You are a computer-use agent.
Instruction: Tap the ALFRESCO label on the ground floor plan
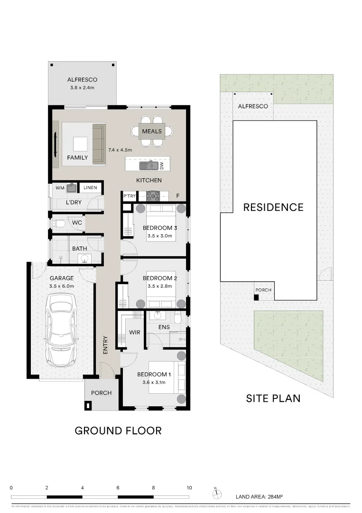pos(82,80)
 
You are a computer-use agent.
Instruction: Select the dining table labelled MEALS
pos(152,131)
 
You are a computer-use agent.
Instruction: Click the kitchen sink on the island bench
pos(148,165)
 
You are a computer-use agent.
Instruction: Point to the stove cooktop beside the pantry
pos(153,195)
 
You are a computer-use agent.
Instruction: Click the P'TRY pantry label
pos(130,195)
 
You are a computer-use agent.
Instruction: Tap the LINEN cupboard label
pos(90,188)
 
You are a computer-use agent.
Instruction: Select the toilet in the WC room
pos(58,223)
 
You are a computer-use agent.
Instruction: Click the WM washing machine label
pos(60,188)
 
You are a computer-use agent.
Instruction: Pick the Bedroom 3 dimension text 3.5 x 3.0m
pos(159,236)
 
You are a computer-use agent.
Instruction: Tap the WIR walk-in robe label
pos(135,332)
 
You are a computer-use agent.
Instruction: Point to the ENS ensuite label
pos(164,327)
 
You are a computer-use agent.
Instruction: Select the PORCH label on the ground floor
pos(101,393)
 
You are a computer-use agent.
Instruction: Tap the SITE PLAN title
pos(273,398)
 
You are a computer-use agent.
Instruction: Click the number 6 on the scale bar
pos(118,488)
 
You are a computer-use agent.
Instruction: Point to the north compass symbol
pos(216,494)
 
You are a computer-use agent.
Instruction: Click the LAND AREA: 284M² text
pos(259,497)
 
